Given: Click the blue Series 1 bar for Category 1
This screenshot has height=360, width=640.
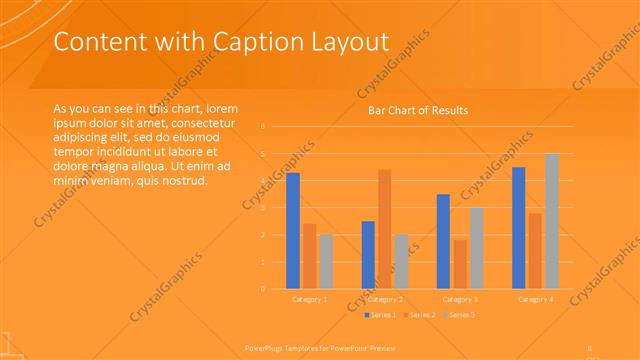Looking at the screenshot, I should click(293, 231).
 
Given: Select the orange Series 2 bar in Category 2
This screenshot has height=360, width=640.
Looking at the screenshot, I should click(385, 229).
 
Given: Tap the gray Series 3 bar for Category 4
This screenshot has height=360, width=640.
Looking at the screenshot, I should click(552, 221).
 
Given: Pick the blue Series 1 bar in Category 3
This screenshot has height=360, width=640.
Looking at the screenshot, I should click(444, 241).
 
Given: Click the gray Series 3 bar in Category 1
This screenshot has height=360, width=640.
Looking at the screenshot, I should click(326, 261).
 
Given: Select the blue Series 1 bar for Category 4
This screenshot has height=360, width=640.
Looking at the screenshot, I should click(519, 228).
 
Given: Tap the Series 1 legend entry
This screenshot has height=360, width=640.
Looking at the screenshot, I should click(379, 315).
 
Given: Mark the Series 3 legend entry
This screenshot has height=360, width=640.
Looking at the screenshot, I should click(458, 315).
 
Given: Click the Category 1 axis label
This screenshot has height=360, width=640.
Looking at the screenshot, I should click(309, 299).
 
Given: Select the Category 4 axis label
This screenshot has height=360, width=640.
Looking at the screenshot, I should click(535, 299).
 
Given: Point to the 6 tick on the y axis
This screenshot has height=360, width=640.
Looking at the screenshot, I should click(262, 127).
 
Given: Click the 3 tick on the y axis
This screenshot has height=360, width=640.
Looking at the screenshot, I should click(262, 208).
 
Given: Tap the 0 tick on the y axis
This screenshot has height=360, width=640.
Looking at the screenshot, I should click(262, 289).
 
